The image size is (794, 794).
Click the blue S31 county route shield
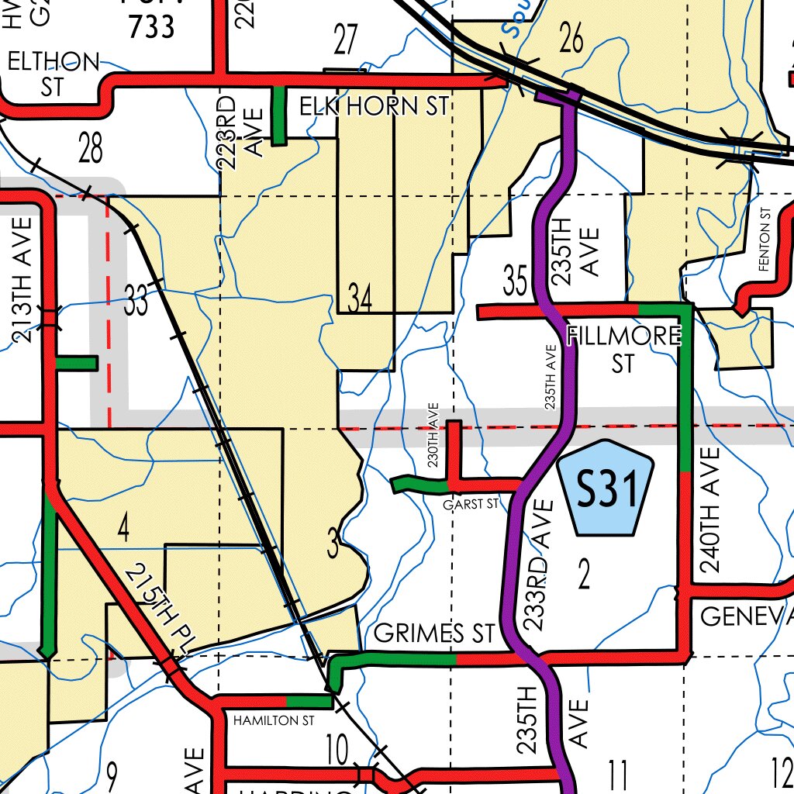[x=606, y=488]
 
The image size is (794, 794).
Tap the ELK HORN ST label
[x=375, y=106]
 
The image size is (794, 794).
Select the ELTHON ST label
[x=53, y=74]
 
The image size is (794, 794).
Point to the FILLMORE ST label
[x=624, y=349]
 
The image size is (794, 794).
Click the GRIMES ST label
[x=433, y=633]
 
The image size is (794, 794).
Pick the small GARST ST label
[x=471, y=505]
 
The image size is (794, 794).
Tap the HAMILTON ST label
[x=274, y=720]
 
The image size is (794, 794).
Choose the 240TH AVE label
[x=709, y=509]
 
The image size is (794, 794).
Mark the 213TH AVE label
[x=23, y=280]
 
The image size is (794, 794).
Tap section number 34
[x=360, y=299]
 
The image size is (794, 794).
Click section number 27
[x=346, y=40]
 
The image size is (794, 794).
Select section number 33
[x=136, y=301]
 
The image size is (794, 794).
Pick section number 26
[x=571, y=39]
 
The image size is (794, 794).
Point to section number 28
[x=90, y=147]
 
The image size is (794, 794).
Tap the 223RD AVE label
[x=239, y=128]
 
